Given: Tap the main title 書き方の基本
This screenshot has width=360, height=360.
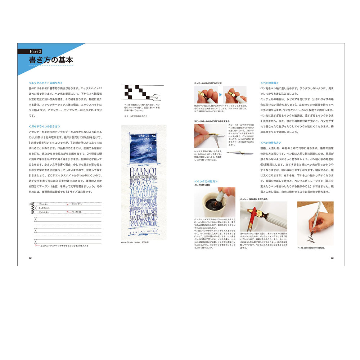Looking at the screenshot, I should tap(51, 60).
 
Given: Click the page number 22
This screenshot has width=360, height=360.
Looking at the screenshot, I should tap(30, 258).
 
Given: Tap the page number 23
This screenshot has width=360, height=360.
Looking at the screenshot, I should tap(332, 258).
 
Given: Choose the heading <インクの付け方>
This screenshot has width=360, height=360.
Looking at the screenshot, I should tap(206, 181).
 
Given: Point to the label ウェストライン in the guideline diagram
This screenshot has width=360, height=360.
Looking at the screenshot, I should tap(77, 204).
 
